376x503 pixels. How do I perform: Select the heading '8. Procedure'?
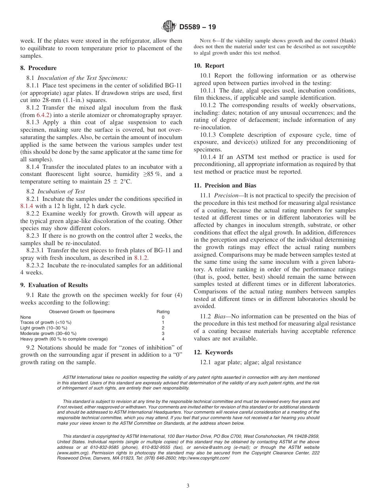[38, 68]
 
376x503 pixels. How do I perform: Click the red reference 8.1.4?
[28, 206]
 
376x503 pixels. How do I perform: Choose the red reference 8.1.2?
[141, 258]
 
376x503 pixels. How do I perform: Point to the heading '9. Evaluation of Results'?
[54, 285]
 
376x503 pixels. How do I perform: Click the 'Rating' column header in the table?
[163, 312]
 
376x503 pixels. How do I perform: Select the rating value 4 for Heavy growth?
[163, 339]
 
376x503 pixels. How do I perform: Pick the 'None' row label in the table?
[25, 317]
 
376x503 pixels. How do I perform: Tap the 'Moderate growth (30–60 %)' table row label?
[48, 333]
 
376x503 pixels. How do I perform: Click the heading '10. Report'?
[209, 66]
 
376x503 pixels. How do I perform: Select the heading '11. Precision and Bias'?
[225, 185]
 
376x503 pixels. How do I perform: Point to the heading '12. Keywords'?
[213, 352]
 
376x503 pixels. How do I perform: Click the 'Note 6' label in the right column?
[207, 41]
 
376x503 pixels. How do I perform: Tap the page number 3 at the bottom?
[188, 486]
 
